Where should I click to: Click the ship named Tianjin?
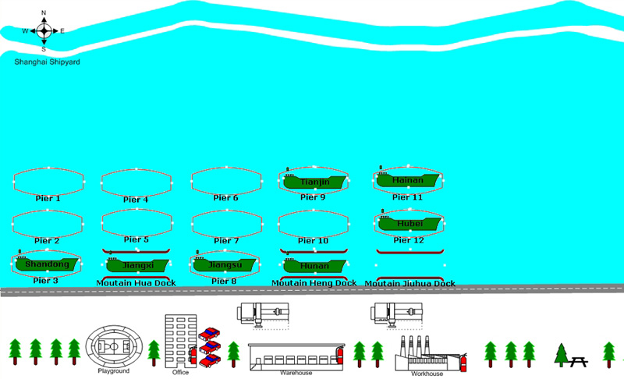(316, 182)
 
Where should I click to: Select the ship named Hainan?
(408, 180)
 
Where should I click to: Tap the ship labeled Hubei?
(409, 224)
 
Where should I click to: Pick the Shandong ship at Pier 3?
(47, 264)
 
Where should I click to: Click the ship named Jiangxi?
(137, 266)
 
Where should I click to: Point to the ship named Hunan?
(314, 266)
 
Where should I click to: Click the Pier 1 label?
(48, 199)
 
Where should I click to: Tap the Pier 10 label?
(314, 241)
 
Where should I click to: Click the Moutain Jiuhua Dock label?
(410, 284)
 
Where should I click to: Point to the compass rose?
(44, 31)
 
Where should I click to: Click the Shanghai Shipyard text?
(47, 62)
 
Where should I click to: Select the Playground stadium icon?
(114, 345)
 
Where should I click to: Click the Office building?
(179, 340)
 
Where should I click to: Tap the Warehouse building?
(295, 356)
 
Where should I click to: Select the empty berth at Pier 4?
(136, 181)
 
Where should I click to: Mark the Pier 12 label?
(408, 240)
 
